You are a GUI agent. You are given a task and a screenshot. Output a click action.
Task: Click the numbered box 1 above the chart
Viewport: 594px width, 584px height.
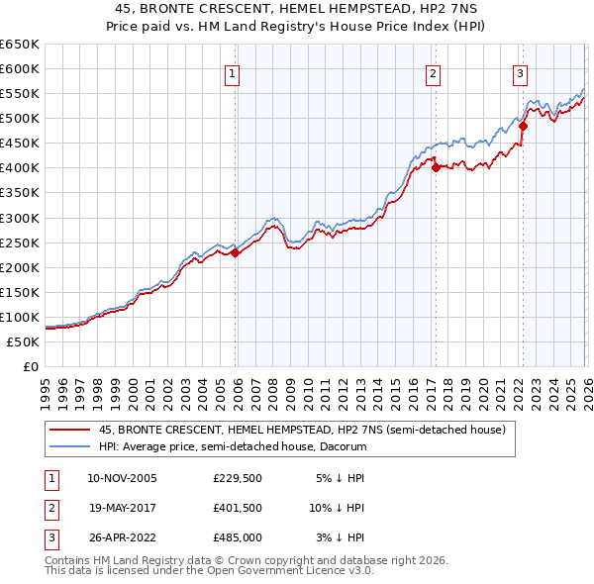[x=232, y=72]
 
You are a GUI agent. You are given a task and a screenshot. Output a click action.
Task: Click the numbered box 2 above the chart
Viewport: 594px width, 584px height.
[x=434, y=72]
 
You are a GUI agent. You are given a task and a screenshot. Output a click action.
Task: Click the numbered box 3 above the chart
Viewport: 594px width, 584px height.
[x=520, y=72]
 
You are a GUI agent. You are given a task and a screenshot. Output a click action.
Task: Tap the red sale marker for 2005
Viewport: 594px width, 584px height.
[x=236, y=252]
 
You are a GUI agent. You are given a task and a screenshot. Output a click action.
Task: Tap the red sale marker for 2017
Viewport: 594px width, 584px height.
[x=436, y=167]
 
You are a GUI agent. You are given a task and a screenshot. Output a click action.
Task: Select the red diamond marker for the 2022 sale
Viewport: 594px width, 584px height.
[x=523, y=126]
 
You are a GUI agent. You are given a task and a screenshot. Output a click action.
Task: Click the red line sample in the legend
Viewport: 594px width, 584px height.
[x=69, y=431]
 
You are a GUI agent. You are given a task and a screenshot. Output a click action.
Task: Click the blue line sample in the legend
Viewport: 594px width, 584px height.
[x=69, y=447]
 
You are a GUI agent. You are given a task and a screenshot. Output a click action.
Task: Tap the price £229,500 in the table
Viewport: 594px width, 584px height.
[x=237, y=478]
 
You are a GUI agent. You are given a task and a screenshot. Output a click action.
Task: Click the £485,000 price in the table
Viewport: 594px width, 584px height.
[x=237, y=539]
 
